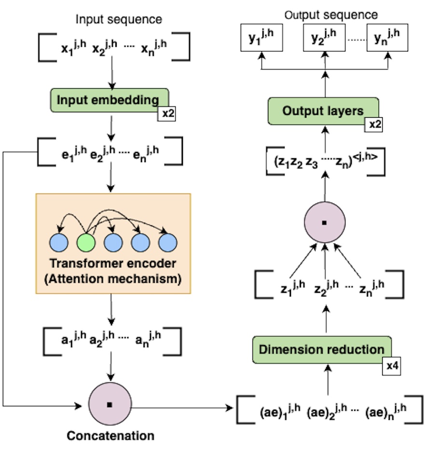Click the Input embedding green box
pyautogui.click(x=109, y=100)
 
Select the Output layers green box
pyautogui.click(x=323, y=110)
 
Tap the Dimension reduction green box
pyautogui.click(x=322, y=349)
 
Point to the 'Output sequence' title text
pyautogui.click(x=331, y=15)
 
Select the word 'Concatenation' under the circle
pyautogui.click(x=110, y=436)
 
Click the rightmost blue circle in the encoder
pyautogui.click(x=167, y=243)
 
